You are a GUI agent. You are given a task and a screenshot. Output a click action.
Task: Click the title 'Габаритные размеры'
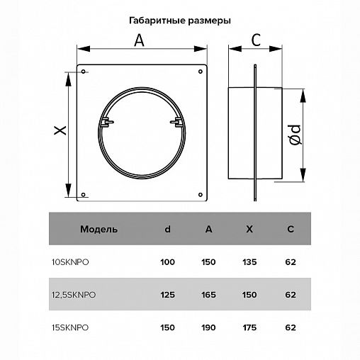(x=180, y=21)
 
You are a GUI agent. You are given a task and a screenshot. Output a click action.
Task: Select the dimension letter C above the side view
(x=256, y=40)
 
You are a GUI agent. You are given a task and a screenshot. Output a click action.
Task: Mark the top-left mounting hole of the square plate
(x=83, y=71)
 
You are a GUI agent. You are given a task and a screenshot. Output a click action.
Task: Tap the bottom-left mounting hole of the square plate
(x=83, y=194)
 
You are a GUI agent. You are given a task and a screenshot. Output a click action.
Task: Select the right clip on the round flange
(x=174, y=123)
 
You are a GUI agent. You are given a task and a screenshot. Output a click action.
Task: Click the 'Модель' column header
(x=94, y=230)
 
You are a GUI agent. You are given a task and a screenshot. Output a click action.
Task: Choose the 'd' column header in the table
(x=167, y=230)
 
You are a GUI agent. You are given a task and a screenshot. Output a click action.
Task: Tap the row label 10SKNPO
(x=70, y=262)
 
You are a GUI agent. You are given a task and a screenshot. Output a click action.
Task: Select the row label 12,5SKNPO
(x=74, y=295)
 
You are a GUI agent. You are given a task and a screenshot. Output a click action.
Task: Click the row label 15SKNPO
(x=70, y=327)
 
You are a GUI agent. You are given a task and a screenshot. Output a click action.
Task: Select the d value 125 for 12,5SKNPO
(x=167, y=295)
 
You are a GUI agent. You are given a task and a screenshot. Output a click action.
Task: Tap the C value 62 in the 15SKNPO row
(x=291, y=327)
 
